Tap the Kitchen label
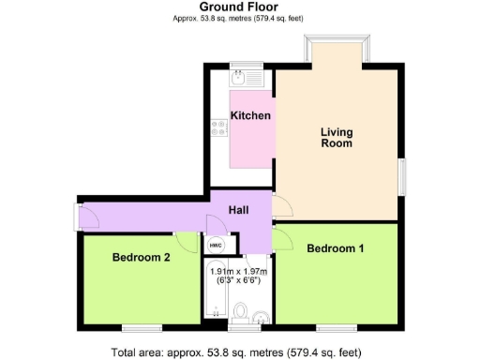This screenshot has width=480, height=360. [250, 116]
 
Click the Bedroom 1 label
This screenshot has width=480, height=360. [335, 248]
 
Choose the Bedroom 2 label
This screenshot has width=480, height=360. [141, 257]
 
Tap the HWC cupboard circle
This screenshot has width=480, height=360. [216, 245]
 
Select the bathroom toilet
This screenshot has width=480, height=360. [241, 311]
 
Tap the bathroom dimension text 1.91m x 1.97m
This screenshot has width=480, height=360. [239, 270]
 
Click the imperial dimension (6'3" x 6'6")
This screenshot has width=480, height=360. [239, 279]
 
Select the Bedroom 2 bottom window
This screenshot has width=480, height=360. [142, 327]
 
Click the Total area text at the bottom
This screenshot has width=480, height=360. [236, 352]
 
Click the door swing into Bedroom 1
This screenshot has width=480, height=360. [282, 237]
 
